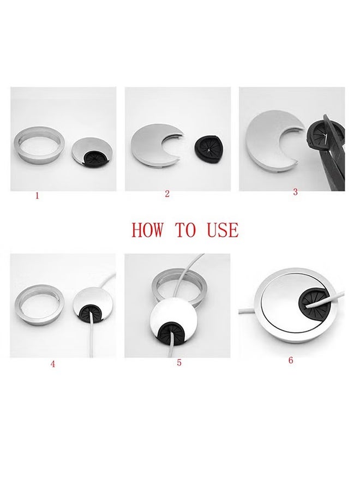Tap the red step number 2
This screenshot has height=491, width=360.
[167, 194]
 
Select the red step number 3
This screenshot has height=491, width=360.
[295, 192]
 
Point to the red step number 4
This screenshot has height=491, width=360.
[53, 364]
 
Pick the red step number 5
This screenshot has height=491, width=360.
[179, 362]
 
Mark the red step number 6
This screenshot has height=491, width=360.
[291, 360]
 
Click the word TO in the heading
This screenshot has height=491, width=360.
[185, 230]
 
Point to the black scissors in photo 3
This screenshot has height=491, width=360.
[327, 158]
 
